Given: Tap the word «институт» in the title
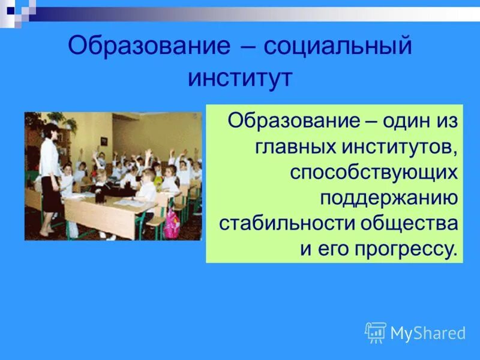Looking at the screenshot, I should [240, 79].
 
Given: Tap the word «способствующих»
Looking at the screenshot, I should [374, 173].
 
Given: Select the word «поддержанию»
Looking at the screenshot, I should [389, 198].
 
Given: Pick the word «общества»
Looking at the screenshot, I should [409, 224].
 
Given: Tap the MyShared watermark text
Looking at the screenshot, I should [428, 333].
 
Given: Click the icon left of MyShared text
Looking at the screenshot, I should [376, 332].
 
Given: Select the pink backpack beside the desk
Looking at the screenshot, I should [173, 223].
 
